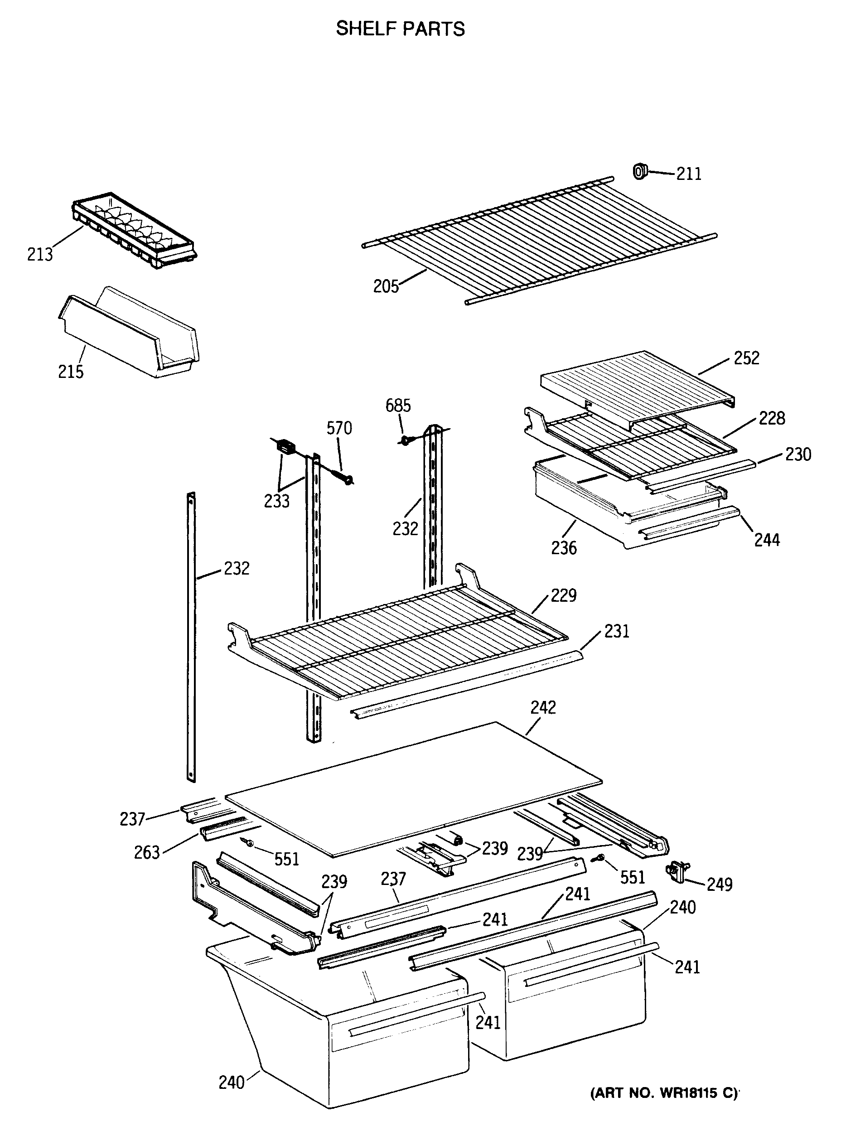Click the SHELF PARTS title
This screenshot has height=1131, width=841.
400,29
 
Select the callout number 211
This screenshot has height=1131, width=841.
689,174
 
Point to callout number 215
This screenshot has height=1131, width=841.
71,372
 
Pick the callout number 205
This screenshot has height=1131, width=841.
386,286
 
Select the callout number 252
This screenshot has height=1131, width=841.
746,358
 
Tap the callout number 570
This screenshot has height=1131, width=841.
339,429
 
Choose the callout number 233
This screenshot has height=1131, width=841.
276,501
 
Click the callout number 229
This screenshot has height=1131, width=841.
564,595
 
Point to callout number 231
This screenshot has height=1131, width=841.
617,632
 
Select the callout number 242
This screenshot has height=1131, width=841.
543,707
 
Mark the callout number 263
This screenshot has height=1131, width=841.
147,853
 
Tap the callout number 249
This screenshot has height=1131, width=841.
719,884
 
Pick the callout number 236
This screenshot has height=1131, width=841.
564,548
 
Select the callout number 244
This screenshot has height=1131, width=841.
767,540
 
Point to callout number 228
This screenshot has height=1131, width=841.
772,418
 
